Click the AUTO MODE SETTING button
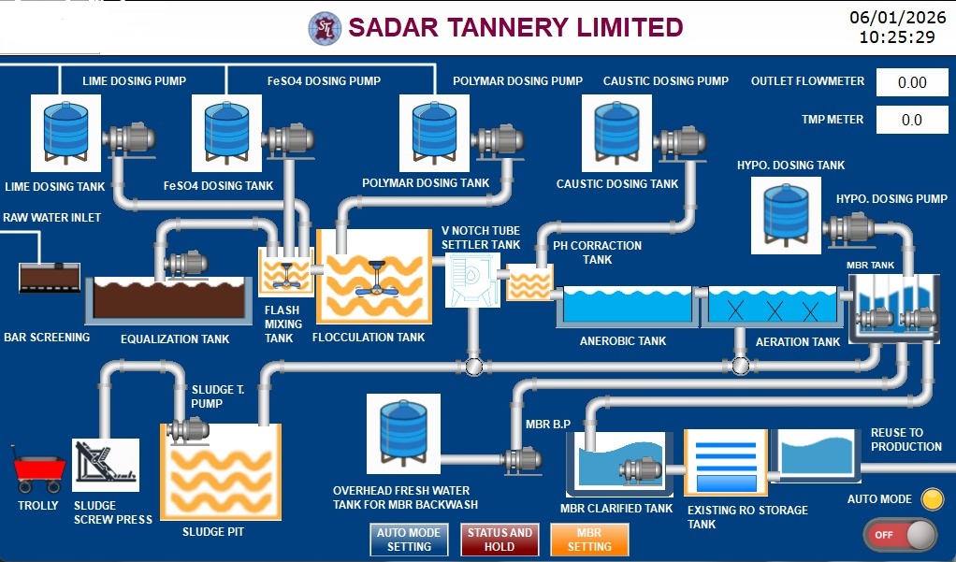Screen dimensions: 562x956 (x=409, y=540)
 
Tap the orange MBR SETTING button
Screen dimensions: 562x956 (x=589, y=540)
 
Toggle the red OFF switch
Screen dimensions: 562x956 (x=899, y=535)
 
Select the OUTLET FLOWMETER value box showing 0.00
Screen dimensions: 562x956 (x=911, y=82)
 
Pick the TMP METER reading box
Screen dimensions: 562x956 (x=911, y=120)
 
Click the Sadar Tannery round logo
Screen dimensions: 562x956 (x=325, y=28)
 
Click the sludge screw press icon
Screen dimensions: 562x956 (x=105, y=465)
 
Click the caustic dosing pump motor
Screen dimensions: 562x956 (x=678, y=141)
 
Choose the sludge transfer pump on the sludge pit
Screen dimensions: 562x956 (x=187, y=430)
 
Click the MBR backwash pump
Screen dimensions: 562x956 (x=520, y=458)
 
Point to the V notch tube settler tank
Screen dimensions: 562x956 (x=472, y=279)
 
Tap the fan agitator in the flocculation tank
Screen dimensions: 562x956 (x=375, y=278)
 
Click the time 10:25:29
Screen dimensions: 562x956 (x=897, y=37)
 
